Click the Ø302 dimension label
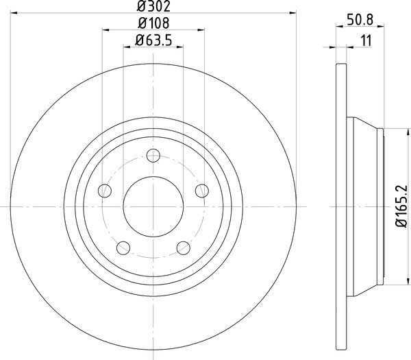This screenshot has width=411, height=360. (152, 8)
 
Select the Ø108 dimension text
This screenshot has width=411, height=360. (152, 23)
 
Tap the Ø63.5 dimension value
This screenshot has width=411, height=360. (153, 40)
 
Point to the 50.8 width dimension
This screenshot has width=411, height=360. (361, 20)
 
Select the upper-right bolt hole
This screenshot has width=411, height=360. (201, 190)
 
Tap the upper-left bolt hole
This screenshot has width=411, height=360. (104, 190)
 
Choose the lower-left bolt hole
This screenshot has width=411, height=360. (123, 247)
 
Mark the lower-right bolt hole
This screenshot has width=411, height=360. (183, 247)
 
